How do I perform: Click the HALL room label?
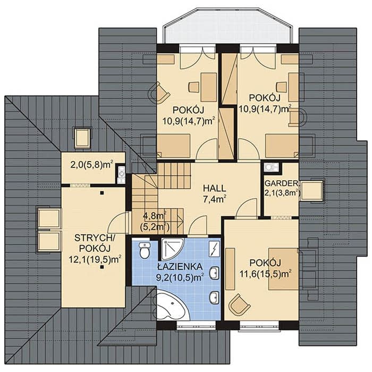(x=215, y=188)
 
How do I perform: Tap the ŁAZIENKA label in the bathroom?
(x=180, y=266)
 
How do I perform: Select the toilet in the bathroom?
(x=144, y=250)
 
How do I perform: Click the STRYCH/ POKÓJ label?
(x=95, y=243)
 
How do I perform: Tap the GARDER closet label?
(x=281, y=183)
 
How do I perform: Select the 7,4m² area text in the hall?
(x=215, y=199)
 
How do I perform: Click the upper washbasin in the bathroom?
(x=215, y=272)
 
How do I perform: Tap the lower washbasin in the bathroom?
(x=215, y=297)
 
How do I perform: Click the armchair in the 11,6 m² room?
(x=239, y=305)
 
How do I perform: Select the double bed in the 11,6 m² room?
(x=283, y=269)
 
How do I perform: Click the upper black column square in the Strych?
(x=102, y=193)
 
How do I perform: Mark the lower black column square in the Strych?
(x=102, y=267)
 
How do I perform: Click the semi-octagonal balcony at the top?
(x=227, y=26)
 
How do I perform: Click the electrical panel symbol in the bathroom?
(x=215, y=249)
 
